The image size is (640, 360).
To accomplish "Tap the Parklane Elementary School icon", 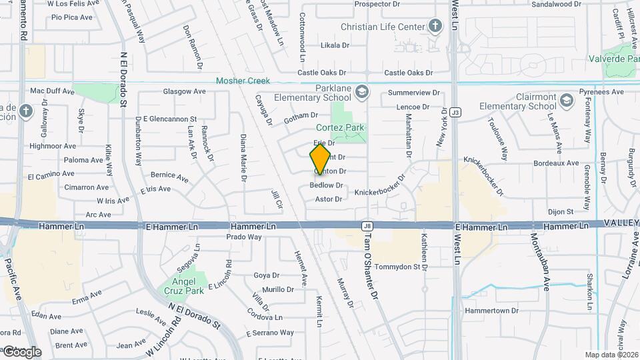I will coord(361,91).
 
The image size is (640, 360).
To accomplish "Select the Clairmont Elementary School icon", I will coord(566,101).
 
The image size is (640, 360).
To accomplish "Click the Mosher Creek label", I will coord(243,81).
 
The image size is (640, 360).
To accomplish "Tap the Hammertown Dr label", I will coord(491,311).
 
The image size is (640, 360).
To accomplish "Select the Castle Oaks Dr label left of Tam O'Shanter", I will coord(322,73).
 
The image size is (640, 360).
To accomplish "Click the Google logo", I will coord(22,351).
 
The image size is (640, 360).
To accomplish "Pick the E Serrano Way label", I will coord(269,333).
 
